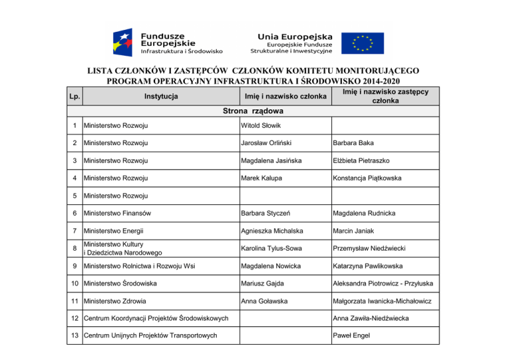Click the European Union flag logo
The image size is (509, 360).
pyautogui.click(x=362, y=42)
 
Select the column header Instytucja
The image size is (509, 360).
pyautogui.click(x=160, y=97)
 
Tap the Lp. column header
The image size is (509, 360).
pyautogui.click(x=76, y=97)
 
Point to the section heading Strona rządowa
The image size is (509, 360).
pyautogui.click(x=253, y=111)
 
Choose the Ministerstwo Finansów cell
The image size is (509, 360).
pyautogui.click(x=117, y=213)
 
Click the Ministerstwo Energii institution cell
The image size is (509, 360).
pyautogui.click(x=113, y=231)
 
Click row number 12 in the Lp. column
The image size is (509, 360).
pyautogui.click(x=76, y=318)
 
